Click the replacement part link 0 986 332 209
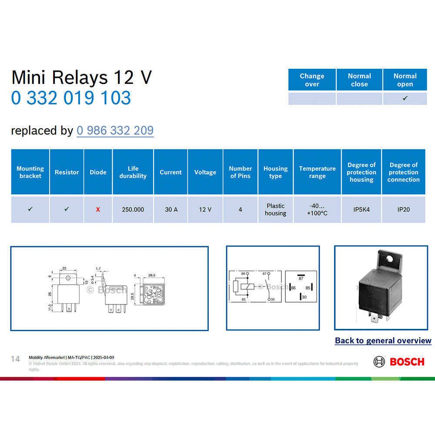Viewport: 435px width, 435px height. [x=115, y=130]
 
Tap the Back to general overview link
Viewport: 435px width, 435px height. [x=383, y=341]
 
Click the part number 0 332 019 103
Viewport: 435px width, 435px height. [x=71, y=98]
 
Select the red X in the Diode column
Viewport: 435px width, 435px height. [x=98, y=210]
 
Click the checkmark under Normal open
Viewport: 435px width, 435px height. [x=405, y=98]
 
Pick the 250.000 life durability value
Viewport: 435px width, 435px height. [x=133, y=210]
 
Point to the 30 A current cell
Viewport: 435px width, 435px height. [x=171, y=210]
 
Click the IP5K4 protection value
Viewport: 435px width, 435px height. [x=361, y=210]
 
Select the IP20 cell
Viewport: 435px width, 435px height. [x=403, y=210]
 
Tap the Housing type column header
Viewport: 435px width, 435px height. [x=275, y=172]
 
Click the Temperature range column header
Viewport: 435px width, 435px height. [x=317, y=172]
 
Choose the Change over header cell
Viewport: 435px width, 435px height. [x=312, y=80]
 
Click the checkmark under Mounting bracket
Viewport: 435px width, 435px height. [x=30, y=209]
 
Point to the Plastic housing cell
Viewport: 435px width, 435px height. [x=275, y=210]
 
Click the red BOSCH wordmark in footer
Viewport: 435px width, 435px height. [x=407, y=361]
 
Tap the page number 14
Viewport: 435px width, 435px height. [x=15, y=359]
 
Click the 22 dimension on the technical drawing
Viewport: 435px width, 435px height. [x=64, y=268]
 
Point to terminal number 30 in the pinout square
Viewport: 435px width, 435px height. [x=304, y=297]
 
